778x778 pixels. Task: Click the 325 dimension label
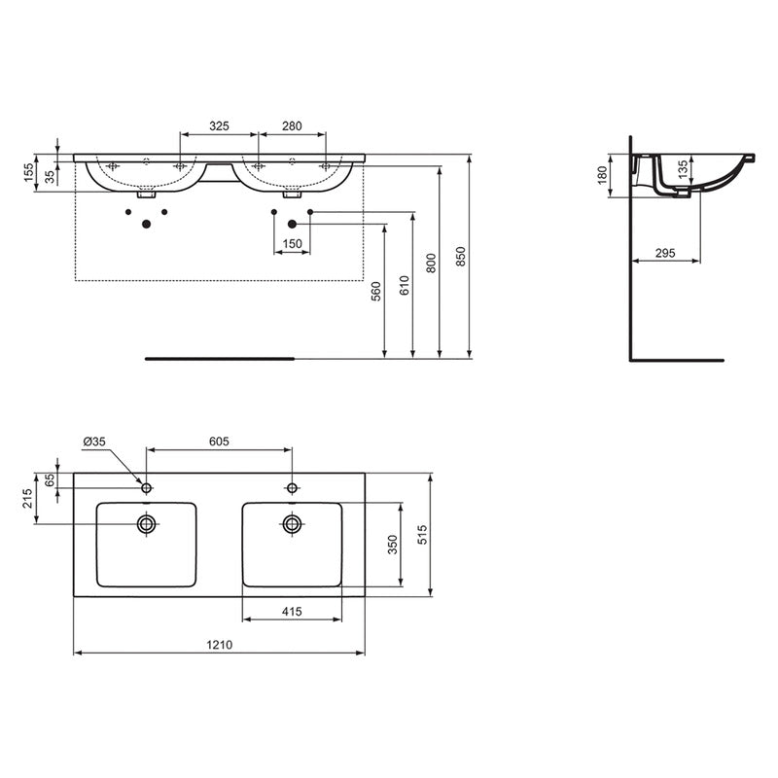pos(219,126)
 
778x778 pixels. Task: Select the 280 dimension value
pos(292,126)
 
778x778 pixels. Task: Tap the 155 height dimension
pos(29,172)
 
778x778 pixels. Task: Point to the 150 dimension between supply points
pos(292,243)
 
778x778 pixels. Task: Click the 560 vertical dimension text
pos(376,291)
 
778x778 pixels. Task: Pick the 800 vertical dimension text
pos(432,260)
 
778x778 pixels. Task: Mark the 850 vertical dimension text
pos(461,255)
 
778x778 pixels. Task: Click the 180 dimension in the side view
pos(602,175)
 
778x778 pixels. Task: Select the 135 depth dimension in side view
pos(683,168)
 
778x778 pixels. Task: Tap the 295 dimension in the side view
pos(665,253)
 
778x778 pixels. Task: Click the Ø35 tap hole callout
pos(94,442)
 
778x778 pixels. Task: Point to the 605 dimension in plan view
pos(219,442)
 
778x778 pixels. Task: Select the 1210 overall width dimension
pos(219,645)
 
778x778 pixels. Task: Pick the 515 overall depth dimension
pos(421,534)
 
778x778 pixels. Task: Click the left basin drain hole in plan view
pos(147,524)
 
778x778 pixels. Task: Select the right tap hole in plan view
pos(292,487)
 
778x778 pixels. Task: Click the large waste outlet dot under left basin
pos(146,225)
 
